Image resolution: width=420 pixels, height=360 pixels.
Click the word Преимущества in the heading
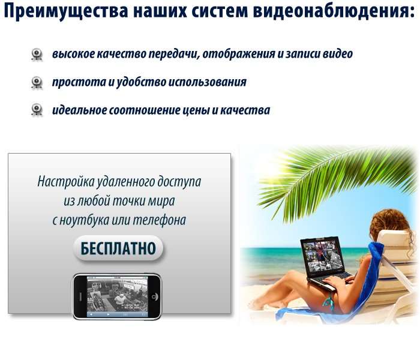(65, 11)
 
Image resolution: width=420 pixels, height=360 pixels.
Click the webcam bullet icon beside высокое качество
(37, 55)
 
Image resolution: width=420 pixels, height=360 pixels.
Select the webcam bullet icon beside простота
(37, 83)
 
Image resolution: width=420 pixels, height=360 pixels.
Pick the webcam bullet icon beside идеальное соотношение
(37, 110)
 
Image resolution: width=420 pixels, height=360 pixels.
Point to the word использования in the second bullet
(207, 82)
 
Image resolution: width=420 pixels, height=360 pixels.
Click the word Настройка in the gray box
(66, 182)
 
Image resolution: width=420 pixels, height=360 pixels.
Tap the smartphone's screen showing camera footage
(117, 297)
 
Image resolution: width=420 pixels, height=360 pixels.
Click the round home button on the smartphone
(155, 296)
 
